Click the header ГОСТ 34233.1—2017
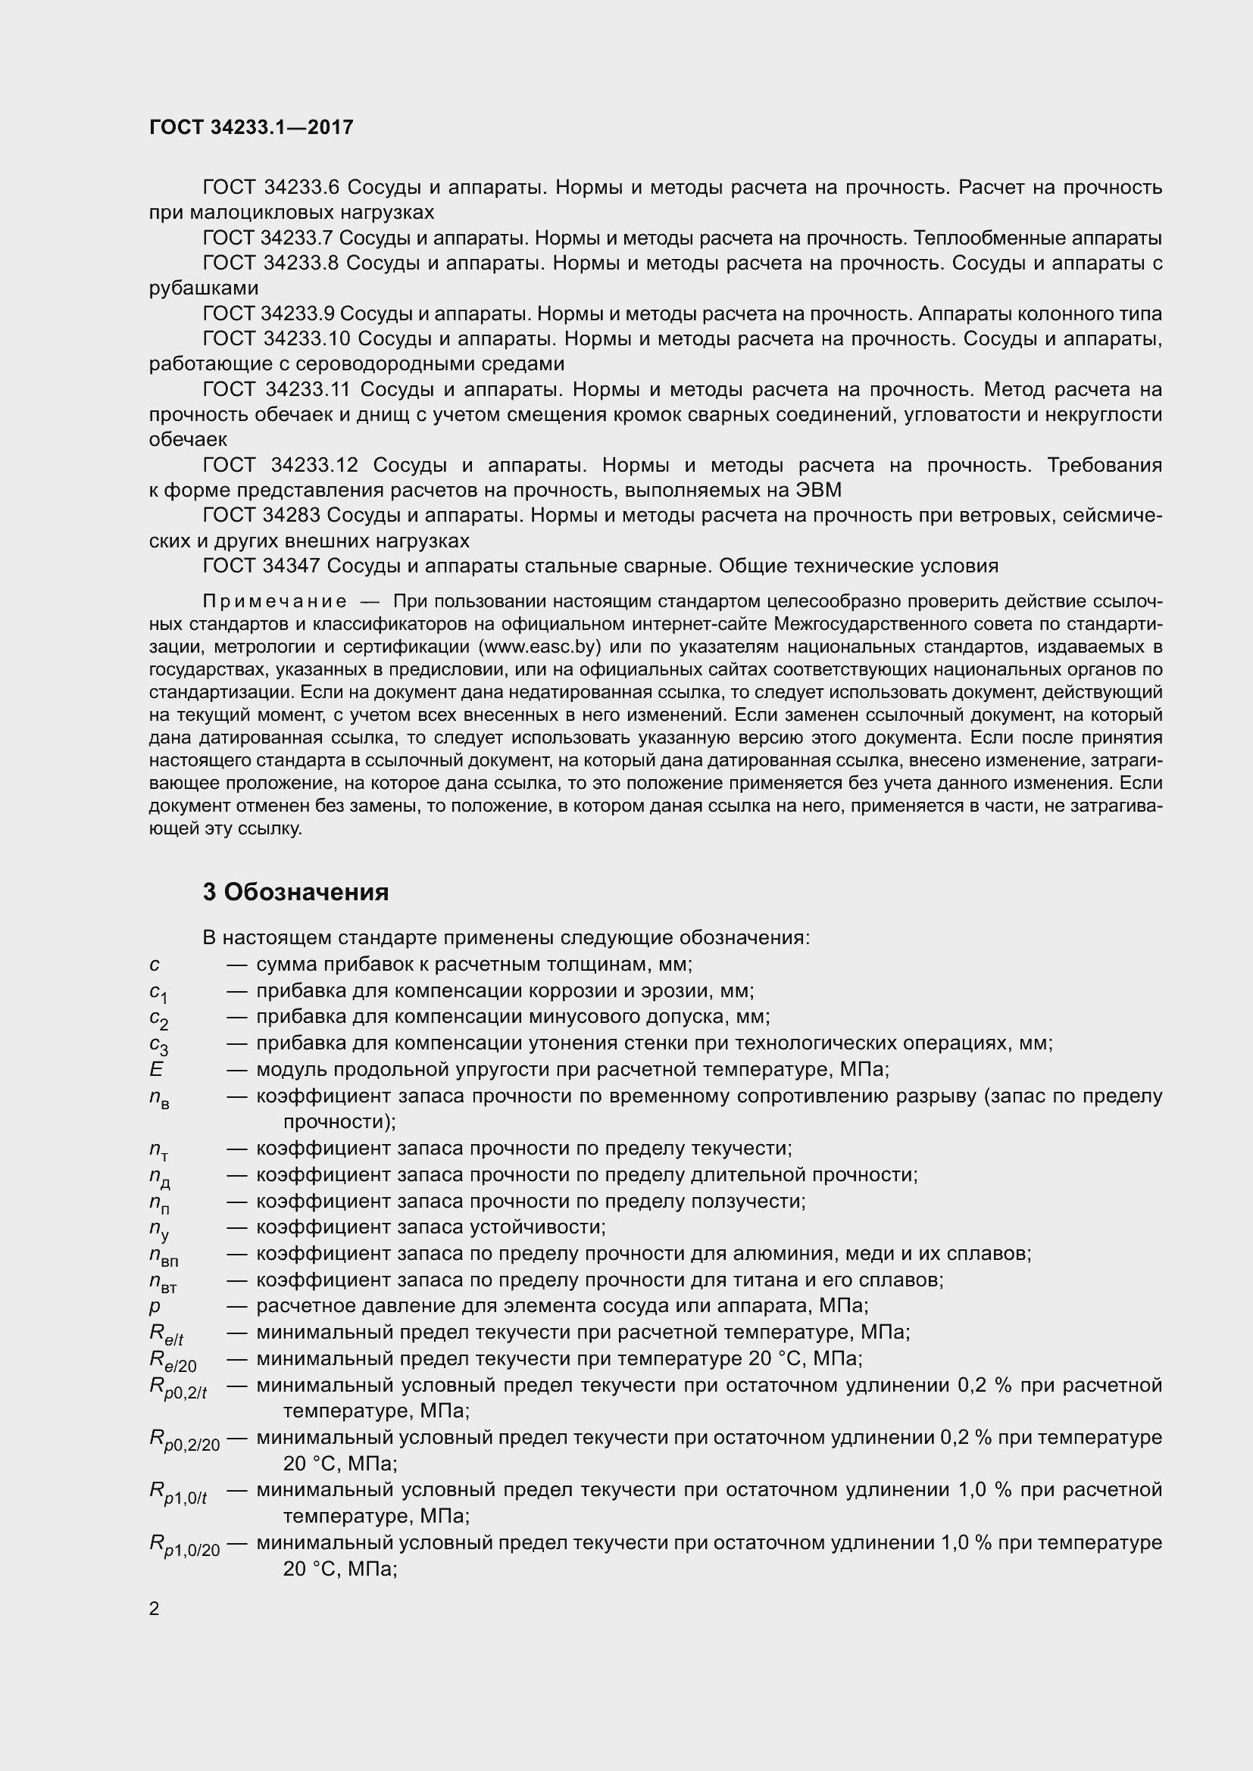click(251, 127)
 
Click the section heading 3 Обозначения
click(295, 893)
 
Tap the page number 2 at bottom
click(155, 1604)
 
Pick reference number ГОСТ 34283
click(261, 516)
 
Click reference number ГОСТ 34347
click(261, 566)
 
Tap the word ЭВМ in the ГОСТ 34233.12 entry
click(818, 490)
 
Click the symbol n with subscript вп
click(163, 1255)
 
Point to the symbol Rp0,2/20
click(183, 1440)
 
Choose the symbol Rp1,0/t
click(177, 1492)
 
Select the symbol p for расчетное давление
click(155, 1308)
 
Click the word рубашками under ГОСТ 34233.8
click(204, 288)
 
